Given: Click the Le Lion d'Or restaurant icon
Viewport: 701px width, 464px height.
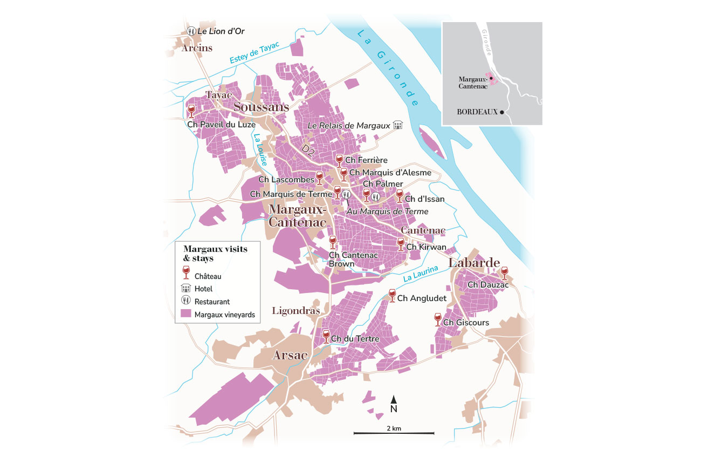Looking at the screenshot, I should point(191,31).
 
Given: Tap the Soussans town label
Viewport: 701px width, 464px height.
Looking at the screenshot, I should point(262,107).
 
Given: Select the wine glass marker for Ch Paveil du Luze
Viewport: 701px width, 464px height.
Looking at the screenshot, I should point(191,111).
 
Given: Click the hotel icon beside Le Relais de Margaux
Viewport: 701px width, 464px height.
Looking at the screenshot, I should point(398,125).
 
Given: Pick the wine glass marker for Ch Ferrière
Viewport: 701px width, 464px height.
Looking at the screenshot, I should point(339,160).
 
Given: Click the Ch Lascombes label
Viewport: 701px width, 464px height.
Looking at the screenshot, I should point(286,180).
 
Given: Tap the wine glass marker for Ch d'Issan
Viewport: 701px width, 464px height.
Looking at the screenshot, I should point(400,195).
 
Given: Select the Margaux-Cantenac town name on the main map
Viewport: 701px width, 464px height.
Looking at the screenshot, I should point(297,215).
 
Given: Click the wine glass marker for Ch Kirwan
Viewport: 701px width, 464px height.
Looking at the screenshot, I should point(400,244).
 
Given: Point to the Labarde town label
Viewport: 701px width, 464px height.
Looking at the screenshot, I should point(473,263).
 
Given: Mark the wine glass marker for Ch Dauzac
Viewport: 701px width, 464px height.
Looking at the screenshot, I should point(504,272).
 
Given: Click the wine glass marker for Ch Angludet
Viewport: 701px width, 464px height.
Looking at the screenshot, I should point(393,295).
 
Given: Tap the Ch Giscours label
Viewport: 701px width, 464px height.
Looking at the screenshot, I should point(466,323).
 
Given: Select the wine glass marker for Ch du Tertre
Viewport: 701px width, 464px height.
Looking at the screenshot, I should point(326,336).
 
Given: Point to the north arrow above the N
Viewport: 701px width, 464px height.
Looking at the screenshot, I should point(394,399).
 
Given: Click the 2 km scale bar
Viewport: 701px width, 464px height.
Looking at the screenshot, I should point(394,433).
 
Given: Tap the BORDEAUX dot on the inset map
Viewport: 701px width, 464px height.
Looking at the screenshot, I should point(502,112).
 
